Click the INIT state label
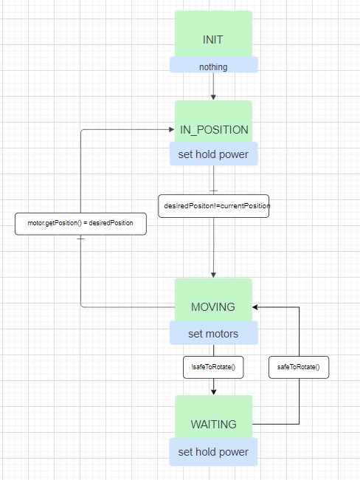(213, 40)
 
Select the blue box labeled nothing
(213, 66)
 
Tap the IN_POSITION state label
(214, 130)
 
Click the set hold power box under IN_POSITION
(213, 155)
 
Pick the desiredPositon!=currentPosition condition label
(214, 206)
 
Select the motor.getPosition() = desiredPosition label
(81, 224)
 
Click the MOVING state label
(213, 307)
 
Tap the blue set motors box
(213, 334)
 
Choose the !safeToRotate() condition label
(213, 367)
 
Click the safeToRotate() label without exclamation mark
(299, 367)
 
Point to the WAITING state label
(213, 425)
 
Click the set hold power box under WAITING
(213, 452)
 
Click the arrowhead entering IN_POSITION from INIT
(213, 96)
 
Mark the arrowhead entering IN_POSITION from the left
(170, 130)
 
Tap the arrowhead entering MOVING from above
(213, 274)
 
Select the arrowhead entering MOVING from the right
(256, 307)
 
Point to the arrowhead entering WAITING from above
(213, 391)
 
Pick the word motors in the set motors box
(223, 334)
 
